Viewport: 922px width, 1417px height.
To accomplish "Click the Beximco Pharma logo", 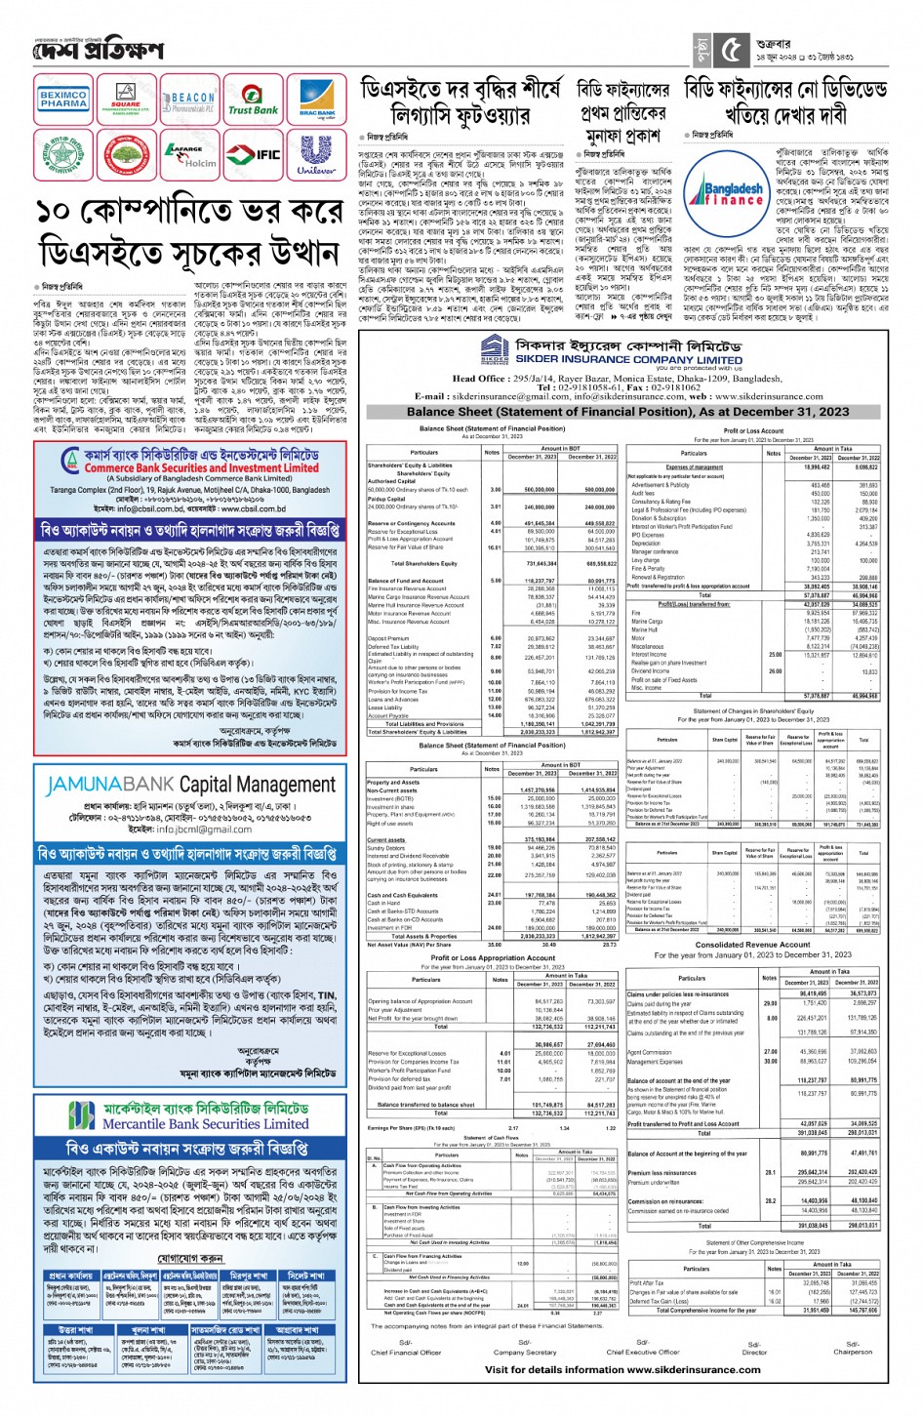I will tap(62, 99).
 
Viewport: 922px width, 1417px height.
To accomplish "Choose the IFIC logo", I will tap(255, 154).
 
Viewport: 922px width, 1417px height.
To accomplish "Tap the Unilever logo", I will tap(316, 154).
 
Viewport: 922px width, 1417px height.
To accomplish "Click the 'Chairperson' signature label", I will tap(852, 1352).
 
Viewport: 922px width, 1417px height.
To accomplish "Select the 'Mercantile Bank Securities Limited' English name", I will tap(205, 1123).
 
